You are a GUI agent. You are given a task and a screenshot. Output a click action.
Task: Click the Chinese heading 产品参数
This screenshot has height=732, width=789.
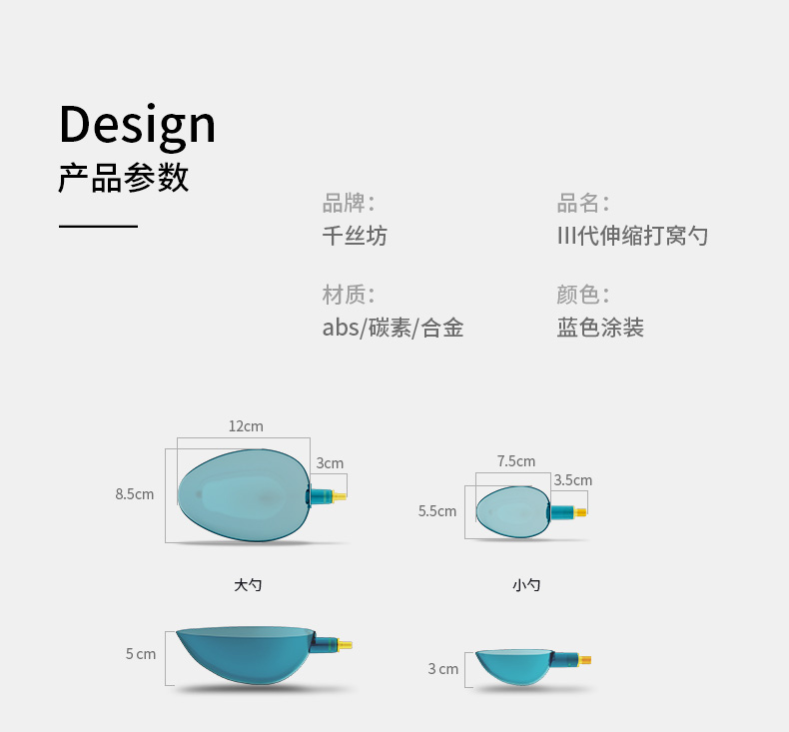pyautogui.click(x=124, y=178)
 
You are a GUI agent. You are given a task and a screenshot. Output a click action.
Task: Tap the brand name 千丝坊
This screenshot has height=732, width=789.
pyautogui.click(x=355, y=236)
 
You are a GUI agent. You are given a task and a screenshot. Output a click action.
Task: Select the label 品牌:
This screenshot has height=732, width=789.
pyautogui.click(x=349, y=203)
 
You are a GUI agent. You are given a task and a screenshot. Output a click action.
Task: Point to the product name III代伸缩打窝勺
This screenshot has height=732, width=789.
pyautogui.click(x=632, y=236)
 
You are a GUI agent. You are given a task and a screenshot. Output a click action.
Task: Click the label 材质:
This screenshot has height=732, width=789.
pyautogui.click(x=349, y=295)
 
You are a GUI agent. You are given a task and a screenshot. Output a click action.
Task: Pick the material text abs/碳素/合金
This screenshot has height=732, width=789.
pyautogui.click(x=393, y=328)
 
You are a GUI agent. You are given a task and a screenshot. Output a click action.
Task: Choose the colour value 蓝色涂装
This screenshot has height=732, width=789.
pyautogui.click(x=600, y=328)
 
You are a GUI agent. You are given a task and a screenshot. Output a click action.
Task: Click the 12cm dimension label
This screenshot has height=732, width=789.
pyautogui.click(x=246, y=426)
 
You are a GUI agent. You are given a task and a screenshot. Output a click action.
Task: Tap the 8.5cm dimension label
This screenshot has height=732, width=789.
pyautogui.click(x=135, y=494)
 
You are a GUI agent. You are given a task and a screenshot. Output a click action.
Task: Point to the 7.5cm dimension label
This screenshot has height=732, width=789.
pyautogui.click(x=516, y=461)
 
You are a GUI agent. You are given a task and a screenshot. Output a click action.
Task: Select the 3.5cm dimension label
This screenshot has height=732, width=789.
pyautogui.click(x=573, y=480)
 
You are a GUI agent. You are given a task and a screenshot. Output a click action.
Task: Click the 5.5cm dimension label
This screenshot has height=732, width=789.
pyautogui.click(x=437, y=511)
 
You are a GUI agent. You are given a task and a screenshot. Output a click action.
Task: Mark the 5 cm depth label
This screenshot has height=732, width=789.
pyautogui.click(x=141, y=654)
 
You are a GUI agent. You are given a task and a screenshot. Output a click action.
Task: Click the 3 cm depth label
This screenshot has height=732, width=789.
pyautogui.click(x=443, y=669)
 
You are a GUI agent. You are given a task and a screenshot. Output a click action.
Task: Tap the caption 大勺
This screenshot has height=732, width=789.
pyautogui.click(x=248, y=585)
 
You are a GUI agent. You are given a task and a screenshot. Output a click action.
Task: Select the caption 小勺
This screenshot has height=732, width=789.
pyautogui.click(x=526, y=585)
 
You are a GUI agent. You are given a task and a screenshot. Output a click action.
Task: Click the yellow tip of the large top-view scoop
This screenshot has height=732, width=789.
pyautogui.click(x=340, y=496)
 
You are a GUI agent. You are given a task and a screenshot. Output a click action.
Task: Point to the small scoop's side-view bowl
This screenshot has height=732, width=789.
pyautogui.click(x=513, y=666)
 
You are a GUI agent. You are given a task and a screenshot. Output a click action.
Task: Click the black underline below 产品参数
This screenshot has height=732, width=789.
pyautogui.click(x=98, y=227)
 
